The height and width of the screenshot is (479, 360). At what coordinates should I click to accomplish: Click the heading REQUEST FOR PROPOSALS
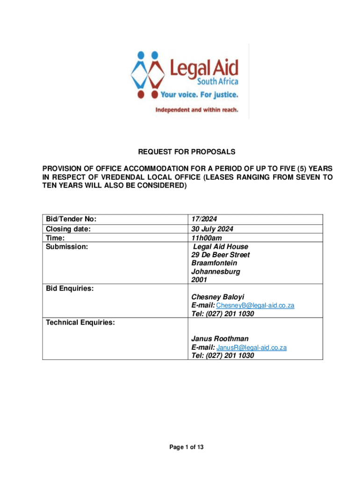(x=186, y=152)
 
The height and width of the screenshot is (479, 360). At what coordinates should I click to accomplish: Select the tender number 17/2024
(x=204, y=219)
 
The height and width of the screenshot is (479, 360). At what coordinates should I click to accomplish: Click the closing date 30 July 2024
(x=212, y=229)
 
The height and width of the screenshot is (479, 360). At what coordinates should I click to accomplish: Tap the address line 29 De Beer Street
(x=220, y=255)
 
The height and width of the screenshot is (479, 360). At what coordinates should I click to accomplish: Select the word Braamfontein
(x=214, y=263)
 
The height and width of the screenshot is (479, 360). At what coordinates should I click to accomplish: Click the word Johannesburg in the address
(x=215, y=272)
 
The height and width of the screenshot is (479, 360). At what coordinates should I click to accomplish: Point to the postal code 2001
(x=199, y=280)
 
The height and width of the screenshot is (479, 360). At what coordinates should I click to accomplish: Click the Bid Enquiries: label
(x=69, y=289)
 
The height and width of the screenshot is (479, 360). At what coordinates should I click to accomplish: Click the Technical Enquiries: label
(x=80, y=322)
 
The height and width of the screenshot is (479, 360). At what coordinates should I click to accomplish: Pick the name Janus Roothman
(x=220, y=339)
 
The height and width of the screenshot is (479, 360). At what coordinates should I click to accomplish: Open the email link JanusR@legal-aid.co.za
(x=252, y=348)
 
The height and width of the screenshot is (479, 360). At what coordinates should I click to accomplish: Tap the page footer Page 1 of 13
(x=186, y=448)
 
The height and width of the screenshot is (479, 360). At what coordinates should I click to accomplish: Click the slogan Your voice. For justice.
(x=199, y=95)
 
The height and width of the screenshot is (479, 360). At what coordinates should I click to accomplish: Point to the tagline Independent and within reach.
(x=196, y=110)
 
